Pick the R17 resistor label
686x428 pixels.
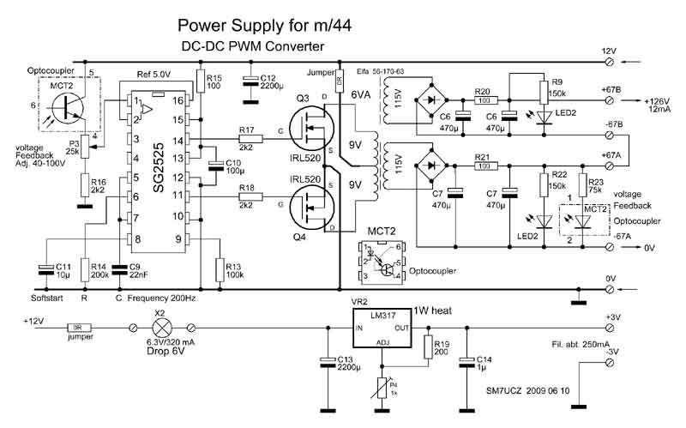[247, 130]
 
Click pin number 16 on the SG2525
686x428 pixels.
[178, 100]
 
